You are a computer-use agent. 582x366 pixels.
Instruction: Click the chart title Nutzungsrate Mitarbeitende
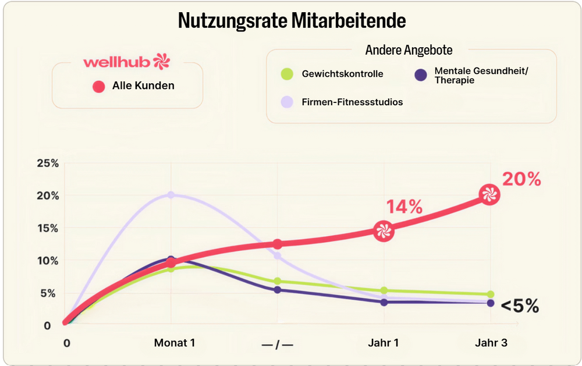(292, 21)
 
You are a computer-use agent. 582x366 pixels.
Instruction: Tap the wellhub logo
(125, 61)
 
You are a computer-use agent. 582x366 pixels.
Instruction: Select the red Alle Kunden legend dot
(98, 86)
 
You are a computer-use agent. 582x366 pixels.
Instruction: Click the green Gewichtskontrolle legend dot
(286, 74)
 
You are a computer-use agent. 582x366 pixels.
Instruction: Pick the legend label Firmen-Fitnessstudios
(352, 102)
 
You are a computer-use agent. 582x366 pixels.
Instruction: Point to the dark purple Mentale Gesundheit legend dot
(420, 74)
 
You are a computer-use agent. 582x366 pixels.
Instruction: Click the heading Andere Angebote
(409, 50)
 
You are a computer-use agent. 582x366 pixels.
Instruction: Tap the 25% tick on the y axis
(48, 164)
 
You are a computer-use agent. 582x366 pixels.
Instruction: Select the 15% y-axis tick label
(48, 228)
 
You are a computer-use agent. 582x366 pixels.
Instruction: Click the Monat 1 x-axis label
(174, 343)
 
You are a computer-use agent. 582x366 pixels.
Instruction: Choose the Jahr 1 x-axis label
(383, 343)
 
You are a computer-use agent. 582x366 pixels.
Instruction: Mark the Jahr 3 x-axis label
(491, 343)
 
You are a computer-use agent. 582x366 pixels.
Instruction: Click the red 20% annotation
(521, 180)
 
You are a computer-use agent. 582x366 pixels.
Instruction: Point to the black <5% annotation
(519, 306)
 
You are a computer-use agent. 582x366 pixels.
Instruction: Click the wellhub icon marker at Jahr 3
(489, 195)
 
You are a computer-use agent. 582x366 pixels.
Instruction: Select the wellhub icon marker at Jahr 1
(383, 231)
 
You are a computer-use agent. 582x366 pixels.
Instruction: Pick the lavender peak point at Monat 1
(171, 195)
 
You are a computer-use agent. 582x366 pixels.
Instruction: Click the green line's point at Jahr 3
(490, 294)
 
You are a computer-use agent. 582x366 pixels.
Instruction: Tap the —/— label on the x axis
(277, 344)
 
